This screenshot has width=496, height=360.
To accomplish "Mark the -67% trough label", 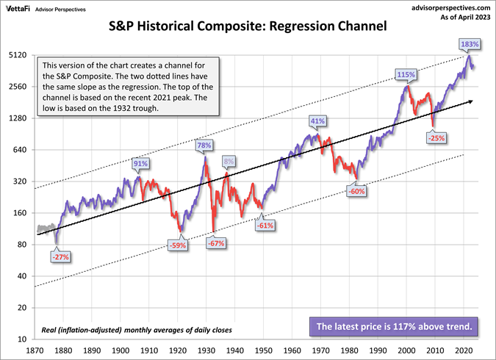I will point(215,242).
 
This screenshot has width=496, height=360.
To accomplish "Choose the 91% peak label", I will point(140,163).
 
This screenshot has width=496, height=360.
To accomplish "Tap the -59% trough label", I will point(178,245).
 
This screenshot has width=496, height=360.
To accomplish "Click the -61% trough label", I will point(265,226).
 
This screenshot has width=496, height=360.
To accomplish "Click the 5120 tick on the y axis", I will point(18,55).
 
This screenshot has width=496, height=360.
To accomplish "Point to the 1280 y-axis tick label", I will point(18,118).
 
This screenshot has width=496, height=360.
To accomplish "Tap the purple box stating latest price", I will point(396,326).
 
